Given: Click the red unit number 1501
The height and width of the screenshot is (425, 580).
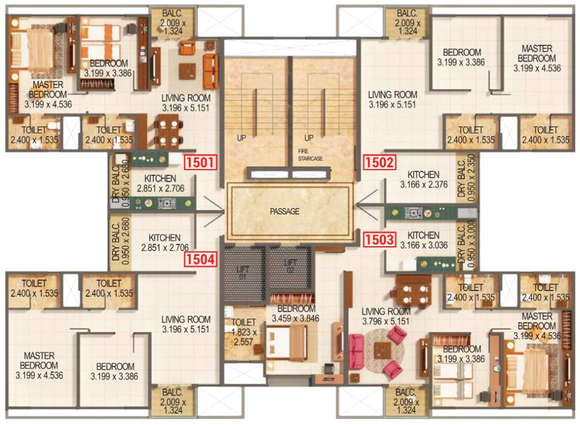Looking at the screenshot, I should (200, 162).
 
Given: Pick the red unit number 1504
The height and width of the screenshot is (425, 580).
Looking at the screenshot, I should (200, 260).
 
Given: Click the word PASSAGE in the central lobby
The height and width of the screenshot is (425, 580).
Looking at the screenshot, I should (285, 212).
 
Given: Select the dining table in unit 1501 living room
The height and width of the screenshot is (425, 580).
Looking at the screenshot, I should (168, 131).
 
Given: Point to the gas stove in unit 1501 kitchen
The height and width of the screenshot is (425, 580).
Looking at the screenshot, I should (167, 202).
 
